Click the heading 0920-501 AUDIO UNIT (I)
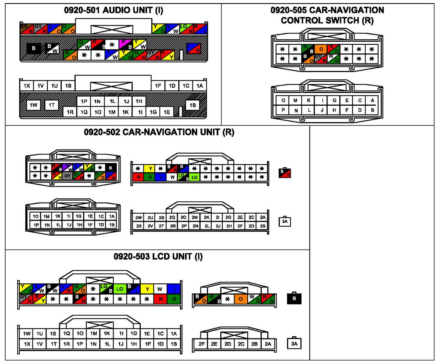click(x=113, y=10)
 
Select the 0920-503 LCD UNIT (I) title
click(x=158, y=256)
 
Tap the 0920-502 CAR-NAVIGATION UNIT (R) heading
click(x=159, y=132)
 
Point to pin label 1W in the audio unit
click(x=33, y=105)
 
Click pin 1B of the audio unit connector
click(x=193, y=105)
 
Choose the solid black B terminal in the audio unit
click(x=33, y=48)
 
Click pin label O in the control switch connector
click(x=283, y=100)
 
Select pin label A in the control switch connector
click(x=372, y=100)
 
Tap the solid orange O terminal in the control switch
click(x=321, y=49)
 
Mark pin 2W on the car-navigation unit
click(x=138, y=217)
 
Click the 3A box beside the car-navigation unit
click(x=285, y=222)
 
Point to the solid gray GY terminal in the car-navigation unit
click(x=67, y=176)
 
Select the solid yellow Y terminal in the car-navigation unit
click(x=150, y=168)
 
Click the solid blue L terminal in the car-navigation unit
click(x=161, y=177)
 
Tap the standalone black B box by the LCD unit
click(x=294, y=298)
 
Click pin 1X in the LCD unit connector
click(x=27, y=344)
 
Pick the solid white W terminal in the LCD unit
click(x=160, y=289)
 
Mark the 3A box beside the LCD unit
click(x=294, y=344)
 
